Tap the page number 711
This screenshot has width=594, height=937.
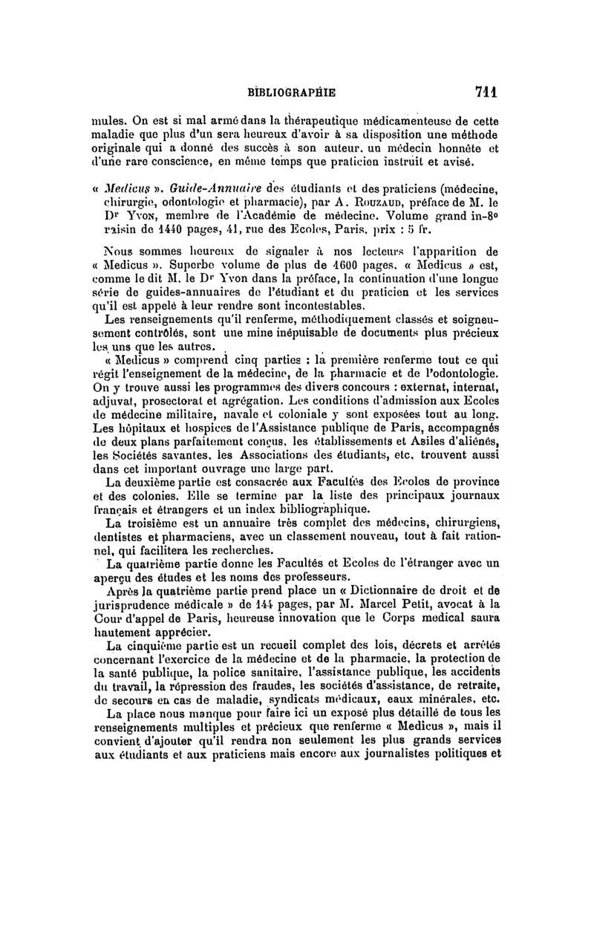click(x=486, y=93)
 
